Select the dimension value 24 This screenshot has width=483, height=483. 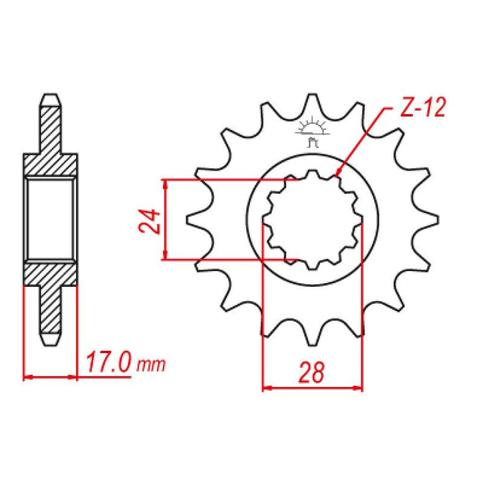[x=152, y=221]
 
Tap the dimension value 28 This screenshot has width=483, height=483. [x=312, y=372]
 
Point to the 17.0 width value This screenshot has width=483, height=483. [x=108, y=365]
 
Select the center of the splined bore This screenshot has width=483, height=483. [x=312, y=220]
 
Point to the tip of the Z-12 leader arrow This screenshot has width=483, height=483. [x=337, y=177]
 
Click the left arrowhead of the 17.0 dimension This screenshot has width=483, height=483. [x=29, y=375]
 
